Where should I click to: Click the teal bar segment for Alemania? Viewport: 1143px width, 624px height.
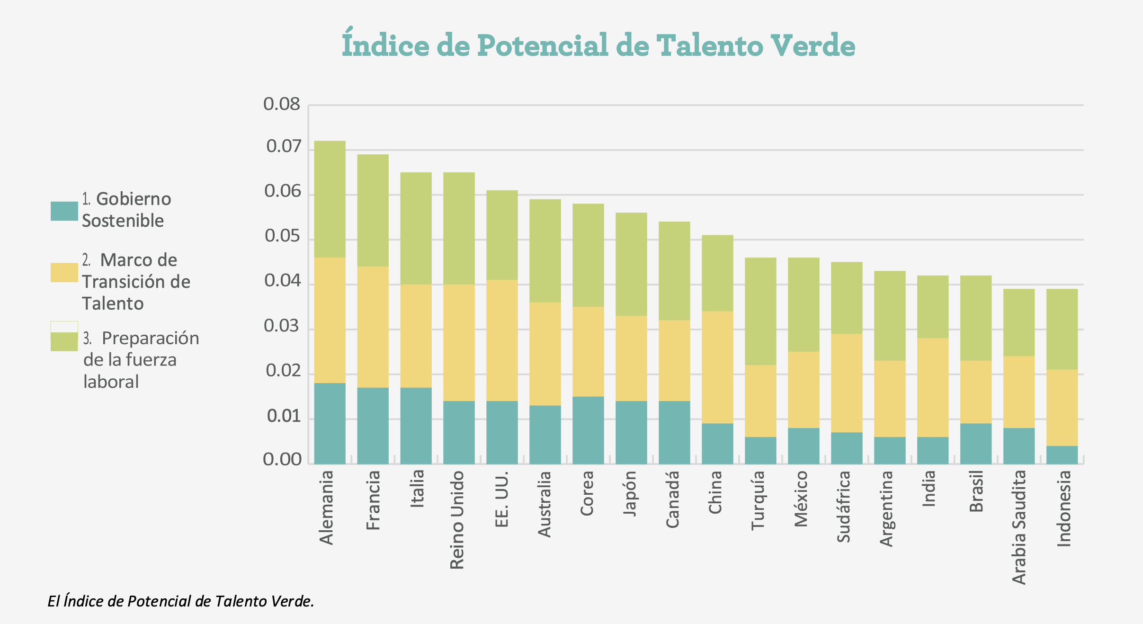coord(330,423)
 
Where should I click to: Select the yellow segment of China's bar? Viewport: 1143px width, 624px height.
coord(717,367)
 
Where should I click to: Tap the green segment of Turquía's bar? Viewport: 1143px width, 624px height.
coord(760,311)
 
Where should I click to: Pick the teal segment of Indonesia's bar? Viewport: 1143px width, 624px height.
coord(1062,455)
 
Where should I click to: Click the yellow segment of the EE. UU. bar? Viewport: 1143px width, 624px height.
coord(502,340)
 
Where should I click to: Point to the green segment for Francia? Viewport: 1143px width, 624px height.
coord(373,210)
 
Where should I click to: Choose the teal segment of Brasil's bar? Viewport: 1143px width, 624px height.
coord(976,444)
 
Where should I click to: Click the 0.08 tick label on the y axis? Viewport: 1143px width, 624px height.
coord(282,104)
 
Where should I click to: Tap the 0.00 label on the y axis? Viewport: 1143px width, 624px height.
coord(282,459)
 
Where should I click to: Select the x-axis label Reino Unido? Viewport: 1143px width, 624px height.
coord(457,519)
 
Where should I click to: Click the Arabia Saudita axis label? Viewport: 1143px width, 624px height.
coord(1019,527)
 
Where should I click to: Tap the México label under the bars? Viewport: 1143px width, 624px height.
coord(801,499)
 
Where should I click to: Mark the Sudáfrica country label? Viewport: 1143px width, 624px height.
coord(844,506)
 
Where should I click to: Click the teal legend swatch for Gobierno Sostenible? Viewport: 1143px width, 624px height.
coord(64,211)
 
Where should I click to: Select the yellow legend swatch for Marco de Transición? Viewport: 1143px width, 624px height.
coord(64,273)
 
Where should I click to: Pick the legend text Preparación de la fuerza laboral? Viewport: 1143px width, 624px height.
coord(141,360)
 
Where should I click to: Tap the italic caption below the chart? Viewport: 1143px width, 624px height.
coord(181,601)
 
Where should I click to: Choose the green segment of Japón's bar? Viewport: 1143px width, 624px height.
coord(631,264)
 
